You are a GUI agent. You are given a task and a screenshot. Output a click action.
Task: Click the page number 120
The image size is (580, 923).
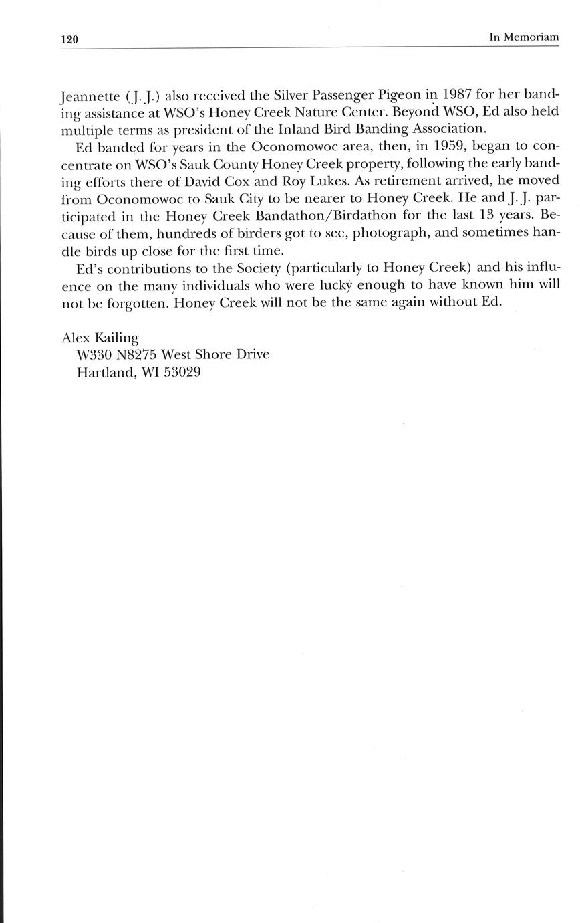(69, 39)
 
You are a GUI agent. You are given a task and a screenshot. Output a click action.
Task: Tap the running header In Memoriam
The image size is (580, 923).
(523, 38)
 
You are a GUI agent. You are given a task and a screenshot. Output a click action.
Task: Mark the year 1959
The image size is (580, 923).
(446, 146)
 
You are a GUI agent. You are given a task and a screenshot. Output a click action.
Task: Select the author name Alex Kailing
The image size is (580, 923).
(100, 337)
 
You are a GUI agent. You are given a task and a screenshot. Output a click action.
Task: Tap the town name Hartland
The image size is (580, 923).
(106, 371)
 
